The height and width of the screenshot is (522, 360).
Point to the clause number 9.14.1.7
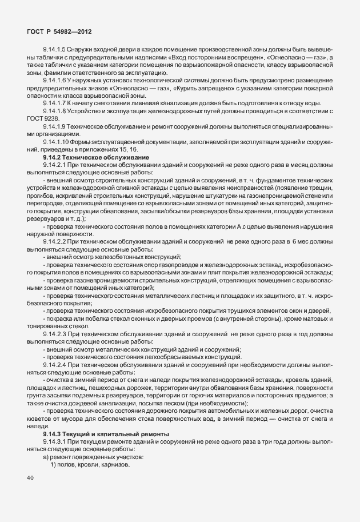click(55, 103)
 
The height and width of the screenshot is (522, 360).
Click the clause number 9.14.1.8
click(55, 111)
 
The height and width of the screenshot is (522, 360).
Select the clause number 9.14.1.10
click(57, 141)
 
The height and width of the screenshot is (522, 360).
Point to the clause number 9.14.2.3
click(55, 333)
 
